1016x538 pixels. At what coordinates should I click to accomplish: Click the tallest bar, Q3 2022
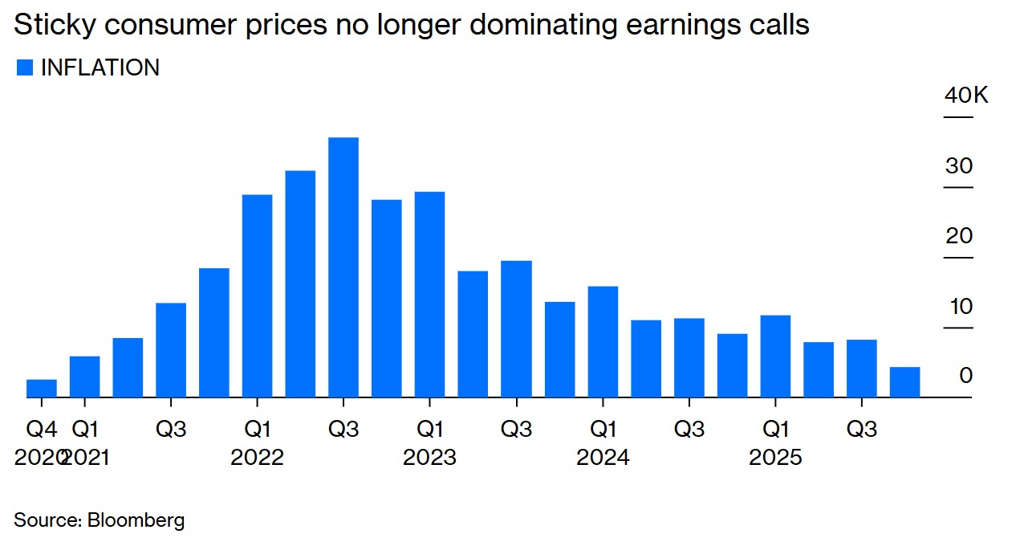343,267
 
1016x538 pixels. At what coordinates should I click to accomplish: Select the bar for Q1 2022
257,295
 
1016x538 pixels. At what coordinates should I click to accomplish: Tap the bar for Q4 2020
42,388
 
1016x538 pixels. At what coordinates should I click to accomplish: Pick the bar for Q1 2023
429,294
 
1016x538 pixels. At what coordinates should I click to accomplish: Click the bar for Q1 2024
603,341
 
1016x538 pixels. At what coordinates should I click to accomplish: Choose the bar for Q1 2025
775,356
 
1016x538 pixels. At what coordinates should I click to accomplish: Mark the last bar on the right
904,381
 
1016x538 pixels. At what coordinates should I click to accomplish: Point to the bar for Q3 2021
171,349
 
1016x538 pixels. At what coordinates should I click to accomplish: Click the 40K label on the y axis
966,96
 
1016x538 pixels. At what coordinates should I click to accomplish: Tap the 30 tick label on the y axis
959,166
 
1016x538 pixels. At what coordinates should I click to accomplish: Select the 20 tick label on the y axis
959,236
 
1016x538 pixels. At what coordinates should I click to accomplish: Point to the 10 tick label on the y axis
959,306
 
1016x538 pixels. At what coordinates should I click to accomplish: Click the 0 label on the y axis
965,376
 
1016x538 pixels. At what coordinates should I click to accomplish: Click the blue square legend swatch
25,68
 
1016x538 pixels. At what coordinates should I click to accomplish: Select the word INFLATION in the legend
100,68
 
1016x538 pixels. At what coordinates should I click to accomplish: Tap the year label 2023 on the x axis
429,458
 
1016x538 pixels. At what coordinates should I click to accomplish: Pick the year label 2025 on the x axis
775,458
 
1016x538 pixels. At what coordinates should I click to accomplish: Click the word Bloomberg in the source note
136,520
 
